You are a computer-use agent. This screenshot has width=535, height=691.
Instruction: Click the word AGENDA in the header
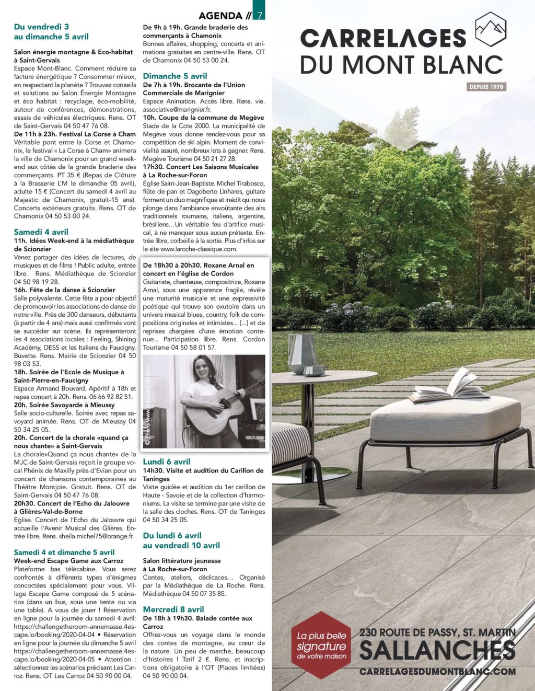pyautogui.click(x=220, y=16)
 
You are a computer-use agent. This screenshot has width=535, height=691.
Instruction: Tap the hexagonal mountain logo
pyautogui.click(x=490, y=30)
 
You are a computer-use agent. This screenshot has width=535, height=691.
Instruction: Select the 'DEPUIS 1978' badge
pyautogui.click(x=486, y=87)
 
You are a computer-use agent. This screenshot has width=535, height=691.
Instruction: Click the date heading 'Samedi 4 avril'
pyautogui.click(x=41, y=232)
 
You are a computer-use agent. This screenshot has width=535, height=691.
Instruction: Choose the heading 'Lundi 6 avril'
pyautogui.click(x=167, y=462)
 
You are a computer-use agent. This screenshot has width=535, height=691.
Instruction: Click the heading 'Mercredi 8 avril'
pyautogui.click(x=173, y=609)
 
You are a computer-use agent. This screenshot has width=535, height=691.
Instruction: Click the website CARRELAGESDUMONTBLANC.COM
pyautogui.click(x=438, y=672)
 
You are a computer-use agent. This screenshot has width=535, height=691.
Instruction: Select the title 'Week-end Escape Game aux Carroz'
pyautogui.click(x=68, y=561)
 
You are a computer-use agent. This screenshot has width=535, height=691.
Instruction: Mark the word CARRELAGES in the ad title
pyautogui.click(x=383, y=38)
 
